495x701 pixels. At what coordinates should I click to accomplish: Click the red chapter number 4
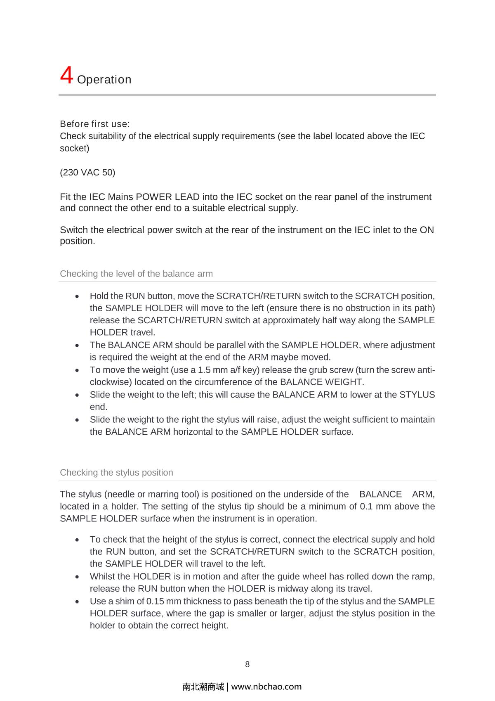(66, 75)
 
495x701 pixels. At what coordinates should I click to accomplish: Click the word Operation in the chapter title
(104, 79)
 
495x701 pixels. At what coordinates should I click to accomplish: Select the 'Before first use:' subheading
(94, 124)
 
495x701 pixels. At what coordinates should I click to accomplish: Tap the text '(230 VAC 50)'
(87, 172)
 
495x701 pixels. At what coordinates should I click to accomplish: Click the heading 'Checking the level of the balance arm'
(136, 274)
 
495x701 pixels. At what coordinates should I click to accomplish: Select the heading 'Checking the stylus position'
(116, 472)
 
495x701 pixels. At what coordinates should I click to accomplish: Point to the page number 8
(247, 664)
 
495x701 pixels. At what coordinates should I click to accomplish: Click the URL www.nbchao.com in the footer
(266, 687)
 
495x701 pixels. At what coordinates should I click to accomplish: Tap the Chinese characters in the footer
(203, 687)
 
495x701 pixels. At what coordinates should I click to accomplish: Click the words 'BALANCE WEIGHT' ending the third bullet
(321, 381)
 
